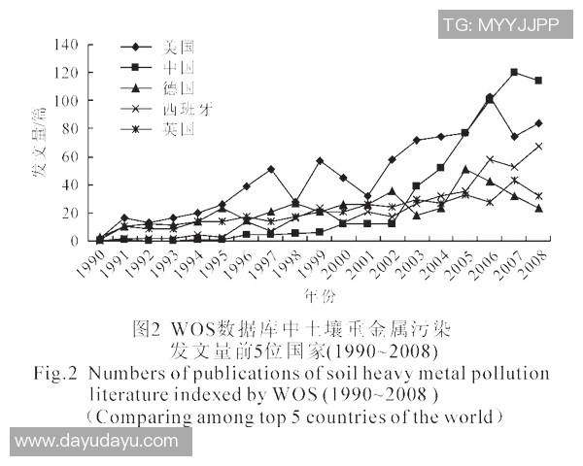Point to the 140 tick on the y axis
pos(66,45)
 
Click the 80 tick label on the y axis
pos(70,129)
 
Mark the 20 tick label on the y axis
pos(70,213)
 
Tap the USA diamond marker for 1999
pos(320,161)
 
